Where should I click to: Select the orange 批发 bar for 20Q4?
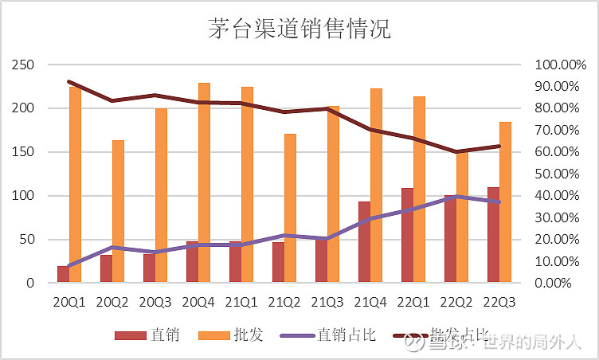[x=204, y=183]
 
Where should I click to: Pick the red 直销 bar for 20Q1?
[x=63, y=275]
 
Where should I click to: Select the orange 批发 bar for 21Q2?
[x=290, y=209]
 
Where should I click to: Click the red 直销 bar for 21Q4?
[x=364, y=242]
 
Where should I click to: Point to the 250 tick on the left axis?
[x=26, y=65]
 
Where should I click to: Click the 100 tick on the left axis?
[x=26, y=196]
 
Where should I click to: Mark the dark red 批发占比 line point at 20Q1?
[x=69, y=81]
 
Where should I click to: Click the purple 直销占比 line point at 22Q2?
[x=456, y=196]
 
